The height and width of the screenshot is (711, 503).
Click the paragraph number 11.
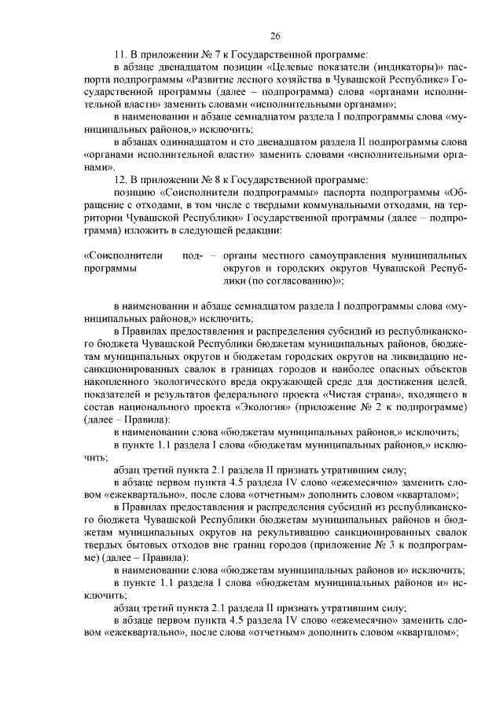pyautogui.click(x=119, y=54)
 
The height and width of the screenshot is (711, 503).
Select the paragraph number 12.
pyautogui.click(x=119, y=180)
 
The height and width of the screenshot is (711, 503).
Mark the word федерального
pyautogui.click(x=277, y=394)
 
